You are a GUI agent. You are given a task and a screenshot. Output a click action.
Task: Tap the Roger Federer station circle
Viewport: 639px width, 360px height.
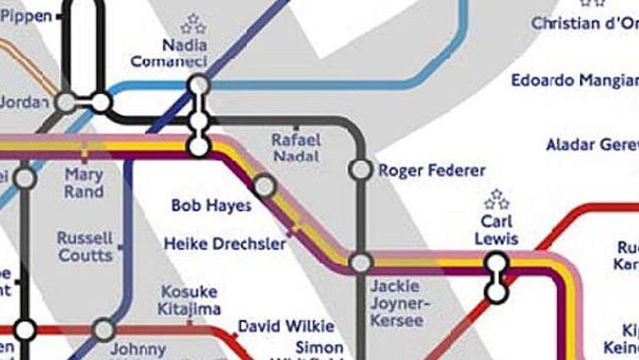(361, 170)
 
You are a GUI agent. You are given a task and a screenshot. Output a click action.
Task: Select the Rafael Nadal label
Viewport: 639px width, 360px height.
(296, 148)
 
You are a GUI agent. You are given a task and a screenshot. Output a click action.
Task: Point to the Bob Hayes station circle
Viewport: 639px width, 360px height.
(264, 187)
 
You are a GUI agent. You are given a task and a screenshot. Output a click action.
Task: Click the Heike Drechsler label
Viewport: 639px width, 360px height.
(224, 243)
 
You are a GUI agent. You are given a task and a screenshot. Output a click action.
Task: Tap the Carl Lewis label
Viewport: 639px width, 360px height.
(496, 229)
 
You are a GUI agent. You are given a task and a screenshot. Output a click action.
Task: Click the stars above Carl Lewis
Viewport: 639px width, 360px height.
(497, 199)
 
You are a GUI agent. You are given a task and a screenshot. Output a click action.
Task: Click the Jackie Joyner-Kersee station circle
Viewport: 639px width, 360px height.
(361, 263)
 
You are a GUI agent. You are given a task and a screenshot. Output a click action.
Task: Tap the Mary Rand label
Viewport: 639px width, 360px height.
(84, 183)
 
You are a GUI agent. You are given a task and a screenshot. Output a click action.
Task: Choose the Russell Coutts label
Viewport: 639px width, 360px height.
(85, 247)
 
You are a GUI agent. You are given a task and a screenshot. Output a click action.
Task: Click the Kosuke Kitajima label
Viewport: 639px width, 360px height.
(189, 300)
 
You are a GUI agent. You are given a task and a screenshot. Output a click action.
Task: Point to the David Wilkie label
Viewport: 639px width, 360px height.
(286, 326)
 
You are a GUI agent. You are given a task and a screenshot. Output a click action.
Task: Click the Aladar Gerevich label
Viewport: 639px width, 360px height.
(592, 145)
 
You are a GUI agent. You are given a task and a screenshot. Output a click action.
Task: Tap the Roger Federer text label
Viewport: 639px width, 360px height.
(431, 171)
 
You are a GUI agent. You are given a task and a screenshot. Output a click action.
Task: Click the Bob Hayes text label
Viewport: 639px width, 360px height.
(212, 206)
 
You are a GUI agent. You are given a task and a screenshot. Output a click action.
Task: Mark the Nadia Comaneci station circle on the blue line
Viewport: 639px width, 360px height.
(200, 84)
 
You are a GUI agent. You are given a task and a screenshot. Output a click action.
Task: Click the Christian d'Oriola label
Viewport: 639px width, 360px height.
(585, 22)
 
